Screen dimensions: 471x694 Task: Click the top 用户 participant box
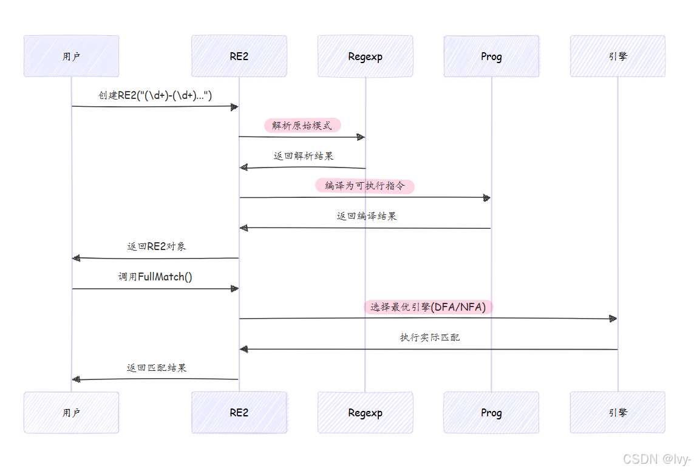pyautogui.click(x=71, y=56)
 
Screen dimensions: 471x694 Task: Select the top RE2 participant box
pyautogui.click(x=239, y=56)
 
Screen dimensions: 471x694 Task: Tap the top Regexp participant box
pyautogui.click(x=365, y=56)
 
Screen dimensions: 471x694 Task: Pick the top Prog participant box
pyautogui.click(x=491, y=56)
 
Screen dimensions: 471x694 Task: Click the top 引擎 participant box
pyautogui.click(x=617, y=56)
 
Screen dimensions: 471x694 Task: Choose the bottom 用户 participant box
pyautogui.click(x=71, y=413)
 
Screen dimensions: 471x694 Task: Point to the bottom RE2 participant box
pyautogui.click(x=239, y=413)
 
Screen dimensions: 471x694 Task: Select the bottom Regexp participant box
pyautogui.click(x=365, y=413)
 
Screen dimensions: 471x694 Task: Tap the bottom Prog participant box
pyautogui.click(x=491, y=413)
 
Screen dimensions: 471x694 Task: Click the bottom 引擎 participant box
pyautogui.click(x=617, y=413)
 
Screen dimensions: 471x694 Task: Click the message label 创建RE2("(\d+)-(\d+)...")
pyautogui.click(x=155, y=95)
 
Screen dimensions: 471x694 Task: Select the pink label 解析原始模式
pyautogui.click(x=302, y=126)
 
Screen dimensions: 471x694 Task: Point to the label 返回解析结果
pyautogui.click(x=303, y=156)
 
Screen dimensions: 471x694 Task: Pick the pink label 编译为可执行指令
pyautogui.click(x=364, y=186)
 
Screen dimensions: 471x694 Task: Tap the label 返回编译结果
pyautogui.click(x=366, y=216)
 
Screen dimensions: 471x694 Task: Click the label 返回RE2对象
pyautogui.click(x=156, y=246)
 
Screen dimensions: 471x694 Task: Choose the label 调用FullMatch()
pyautogui.click(x=155, y=277)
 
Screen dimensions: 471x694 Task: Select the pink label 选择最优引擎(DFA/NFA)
pyautogui.click(x=428, y=307)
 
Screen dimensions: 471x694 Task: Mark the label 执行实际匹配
pyautogui.click(x=429, y=337)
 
